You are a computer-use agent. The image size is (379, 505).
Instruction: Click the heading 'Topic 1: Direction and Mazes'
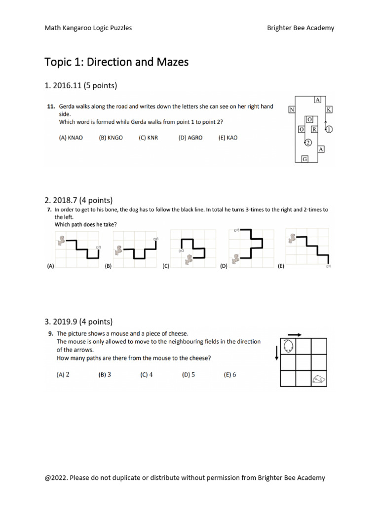click(116, 62)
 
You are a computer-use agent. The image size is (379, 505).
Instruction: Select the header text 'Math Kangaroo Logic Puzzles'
click(88, 28)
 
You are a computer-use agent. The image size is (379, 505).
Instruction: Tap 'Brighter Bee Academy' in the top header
click(301, 28)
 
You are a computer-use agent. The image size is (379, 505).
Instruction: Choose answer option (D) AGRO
click(190, 138)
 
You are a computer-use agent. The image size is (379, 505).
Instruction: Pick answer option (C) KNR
click(148, 138)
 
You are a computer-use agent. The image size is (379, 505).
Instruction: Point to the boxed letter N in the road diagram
click(292, 109)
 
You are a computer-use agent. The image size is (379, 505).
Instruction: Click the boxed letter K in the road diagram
click(330, 109)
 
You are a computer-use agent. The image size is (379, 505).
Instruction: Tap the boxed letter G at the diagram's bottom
click(305, 159)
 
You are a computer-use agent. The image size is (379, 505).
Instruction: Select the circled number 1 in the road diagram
click(330, 129)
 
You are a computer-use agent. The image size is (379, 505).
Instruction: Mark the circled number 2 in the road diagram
click(307, 143)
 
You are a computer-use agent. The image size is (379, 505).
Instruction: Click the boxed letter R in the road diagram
click(313, 129)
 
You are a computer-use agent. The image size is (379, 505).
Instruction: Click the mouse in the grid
click(288, 346)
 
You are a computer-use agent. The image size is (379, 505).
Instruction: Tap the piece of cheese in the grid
click(319, 378)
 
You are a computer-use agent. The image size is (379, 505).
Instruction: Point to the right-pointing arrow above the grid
click(294, 334)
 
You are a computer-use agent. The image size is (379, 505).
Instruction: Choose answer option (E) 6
click(230, 375)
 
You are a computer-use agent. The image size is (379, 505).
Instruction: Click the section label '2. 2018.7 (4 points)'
click(78, 200)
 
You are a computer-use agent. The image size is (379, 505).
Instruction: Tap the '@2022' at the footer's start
click(57, 477)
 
